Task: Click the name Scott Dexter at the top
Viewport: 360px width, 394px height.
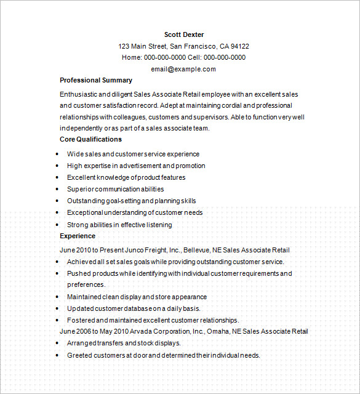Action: (184, 34)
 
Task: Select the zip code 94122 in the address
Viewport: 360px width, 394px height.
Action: (239, 46)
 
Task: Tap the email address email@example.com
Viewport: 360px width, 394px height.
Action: (183, 69)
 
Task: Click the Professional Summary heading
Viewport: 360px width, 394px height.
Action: (95, 81)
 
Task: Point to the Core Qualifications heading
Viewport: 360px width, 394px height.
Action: (90, 139)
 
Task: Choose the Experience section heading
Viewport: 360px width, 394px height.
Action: (78, 236)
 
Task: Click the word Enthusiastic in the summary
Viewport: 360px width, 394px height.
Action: (78, 95)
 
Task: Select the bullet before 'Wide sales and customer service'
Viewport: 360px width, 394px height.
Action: (57, 154)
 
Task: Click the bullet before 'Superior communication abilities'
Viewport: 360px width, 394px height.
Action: (57, 189)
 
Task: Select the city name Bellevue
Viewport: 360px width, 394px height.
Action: (196, 251)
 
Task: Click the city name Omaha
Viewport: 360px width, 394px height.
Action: (216, 331)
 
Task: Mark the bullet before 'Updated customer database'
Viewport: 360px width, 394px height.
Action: (57, 308)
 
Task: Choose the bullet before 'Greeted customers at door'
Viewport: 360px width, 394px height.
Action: (57, 355)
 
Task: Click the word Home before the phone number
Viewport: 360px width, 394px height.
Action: (131, 57)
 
